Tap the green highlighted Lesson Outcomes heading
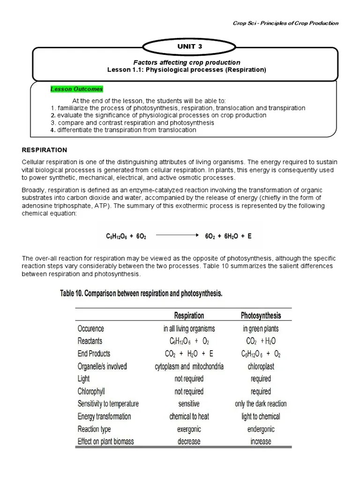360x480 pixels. point(76,89)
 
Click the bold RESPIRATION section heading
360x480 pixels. point(45,150)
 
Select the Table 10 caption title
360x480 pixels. point(141,294)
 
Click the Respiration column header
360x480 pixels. point(189,315)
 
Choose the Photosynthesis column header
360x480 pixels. point(261,315)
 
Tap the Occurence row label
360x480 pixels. point(91,329)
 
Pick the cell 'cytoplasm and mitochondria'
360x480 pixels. point(189,367)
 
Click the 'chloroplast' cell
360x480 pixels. point(261,367)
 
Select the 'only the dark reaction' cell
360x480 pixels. point(261,404)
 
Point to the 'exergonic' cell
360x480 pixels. point(189,429)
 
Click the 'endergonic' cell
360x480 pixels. point(261,429)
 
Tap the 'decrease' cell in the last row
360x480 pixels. point(189,442)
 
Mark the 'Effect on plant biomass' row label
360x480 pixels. point(105,442)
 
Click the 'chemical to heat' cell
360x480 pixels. point(189,417)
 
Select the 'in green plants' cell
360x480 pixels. point(261,329)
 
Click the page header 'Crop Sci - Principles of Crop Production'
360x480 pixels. point(285,23)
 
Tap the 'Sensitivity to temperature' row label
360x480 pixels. point(108,404)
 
